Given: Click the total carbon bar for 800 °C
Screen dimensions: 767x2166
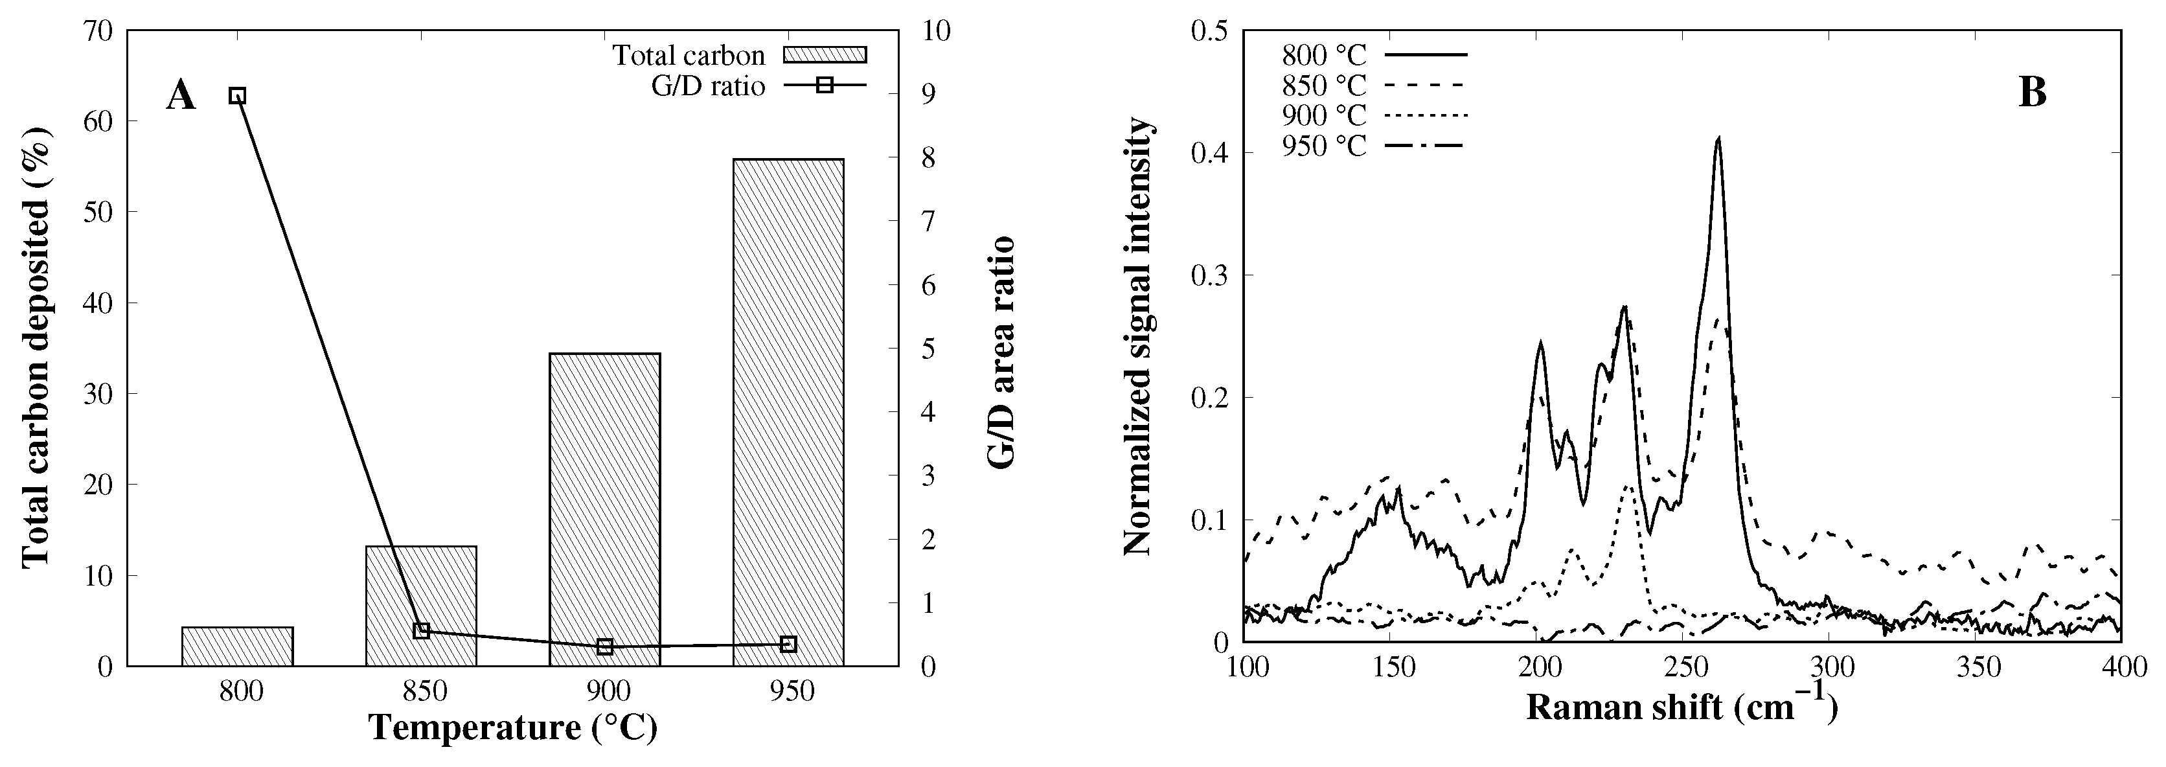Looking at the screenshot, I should pos(237,647).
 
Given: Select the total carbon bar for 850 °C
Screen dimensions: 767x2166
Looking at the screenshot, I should pos(421,606).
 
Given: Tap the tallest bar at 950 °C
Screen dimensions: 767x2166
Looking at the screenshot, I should pos(788,412).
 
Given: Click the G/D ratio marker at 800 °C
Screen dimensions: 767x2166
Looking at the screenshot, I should pos(238,95).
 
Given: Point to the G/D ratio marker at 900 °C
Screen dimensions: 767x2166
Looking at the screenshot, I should pos(604,647).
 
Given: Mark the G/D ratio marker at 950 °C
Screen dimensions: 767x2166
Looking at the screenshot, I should pos(788,644).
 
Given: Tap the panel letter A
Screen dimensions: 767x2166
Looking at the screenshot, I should pos(181,95).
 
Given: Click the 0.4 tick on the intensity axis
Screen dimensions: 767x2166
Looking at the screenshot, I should pos(1210,153).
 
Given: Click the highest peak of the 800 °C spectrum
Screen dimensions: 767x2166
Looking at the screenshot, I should pos(1718,139).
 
